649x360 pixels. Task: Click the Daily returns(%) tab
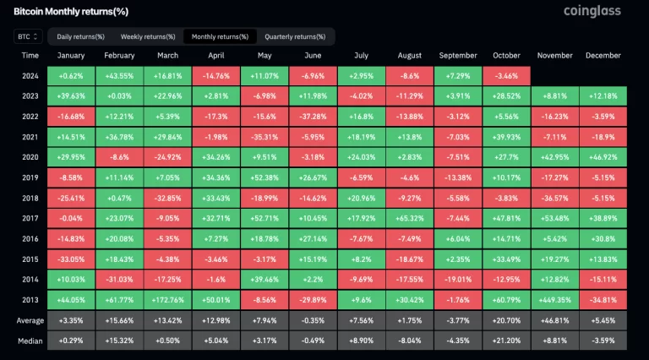coord(80,36)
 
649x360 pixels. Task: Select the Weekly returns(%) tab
coord(148,36)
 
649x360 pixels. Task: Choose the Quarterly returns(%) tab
coord(295,36)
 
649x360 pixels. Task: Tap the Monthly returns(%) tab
coord(220,36)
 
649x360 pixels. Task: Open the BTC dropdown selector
coord(28,36)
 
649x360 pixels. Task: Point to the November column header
coord(555,56)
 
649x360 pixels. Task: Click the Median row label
coord(30,340)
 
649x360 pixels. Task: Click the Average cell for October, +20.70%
coord(506,321)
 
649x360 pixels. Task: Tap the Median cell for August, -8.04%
coord(410,340)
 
